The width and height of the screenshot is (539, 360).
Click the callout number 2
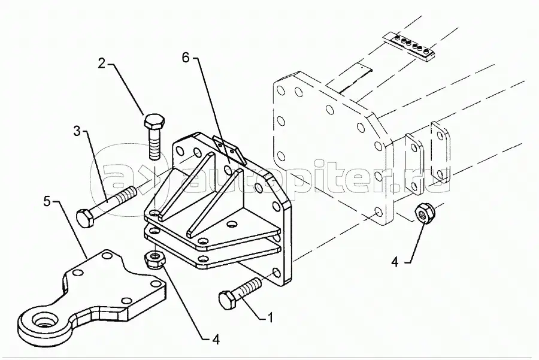click(101, 63)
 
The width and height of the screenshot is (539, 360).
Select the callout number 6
click(186, 58)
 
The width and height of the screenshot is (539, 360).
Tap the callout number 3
click(77, 131)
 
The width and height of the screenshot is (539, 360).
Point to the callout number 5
click(47, 201)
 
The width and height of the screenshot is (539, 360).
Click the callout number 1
click(270, 318)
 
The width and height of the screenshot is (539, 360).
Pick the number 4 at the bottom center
click(216, 340)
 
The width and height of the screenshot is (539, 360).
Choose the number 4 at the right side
click(395, 262)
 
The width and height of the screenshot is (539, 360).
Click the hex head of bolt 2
click(154, 122)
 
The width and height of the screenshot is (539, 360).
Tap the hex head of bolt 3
click(84, 219)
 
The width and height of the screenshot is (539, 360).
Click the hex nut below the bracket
click(155, 259)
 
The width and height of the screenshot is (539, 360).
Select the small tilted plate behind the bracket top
click(229, 150)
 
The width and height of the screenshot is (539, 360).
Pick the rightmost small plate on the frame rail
click(441, 152)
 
